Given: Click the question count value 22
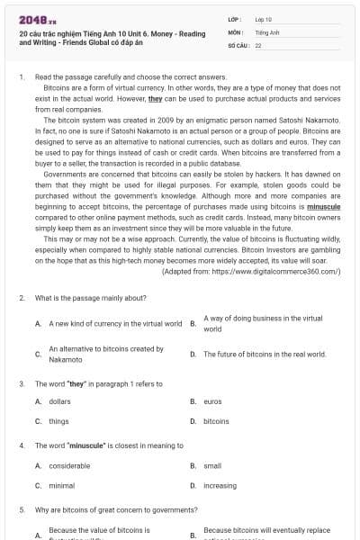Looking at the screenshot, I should click(x=258, y=43).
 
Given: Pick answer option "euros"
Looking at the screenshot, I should click(x=212, y=401).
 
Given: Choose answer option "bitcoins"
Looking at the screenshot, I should click(x=216, y=420).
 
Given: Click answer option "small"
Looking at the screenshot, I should click(x=212, y=465).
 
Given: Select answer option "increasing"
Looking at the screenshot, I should click(x=220, y=484).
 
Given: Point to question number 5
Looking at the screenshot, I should click(x=21, y=509).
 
